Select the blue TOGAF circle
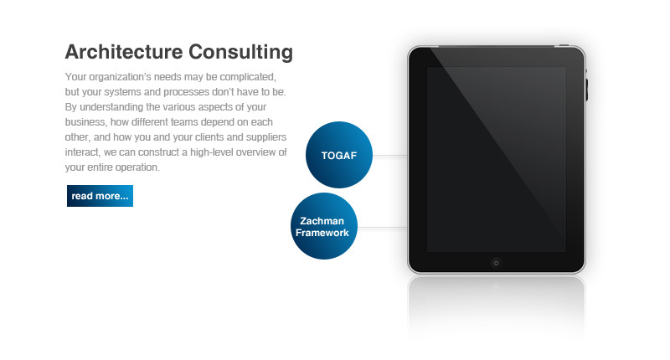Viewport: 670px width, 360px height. tap(339, 155)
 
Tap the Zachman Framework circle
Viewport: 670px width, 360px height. tap(324, 226)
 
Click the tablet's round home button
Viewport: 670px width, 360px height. tap(495, 262)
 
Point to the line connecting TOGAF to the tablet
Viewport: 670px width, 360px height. tap(389, 156)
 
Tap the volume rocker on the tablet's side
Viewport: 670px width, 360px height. tap(588, 88)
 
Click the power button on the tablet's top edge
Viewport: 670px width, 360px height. tap(564, 45)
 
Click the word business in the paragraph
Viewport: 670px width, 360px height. tap(85, 122)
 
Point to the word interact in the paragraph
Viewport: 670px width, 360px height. tap(81, 152)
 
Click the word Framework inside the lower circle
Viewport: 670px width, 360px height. tap(322, 233)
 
